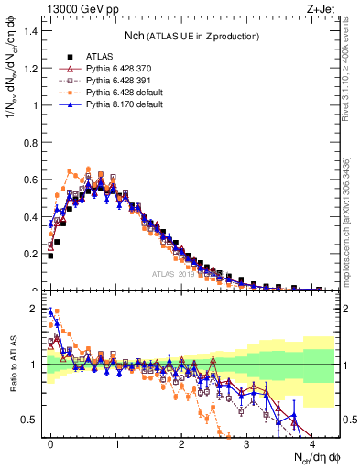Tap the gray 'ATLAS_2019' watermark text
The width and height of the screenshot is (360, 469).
click(x=175, y=272)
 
